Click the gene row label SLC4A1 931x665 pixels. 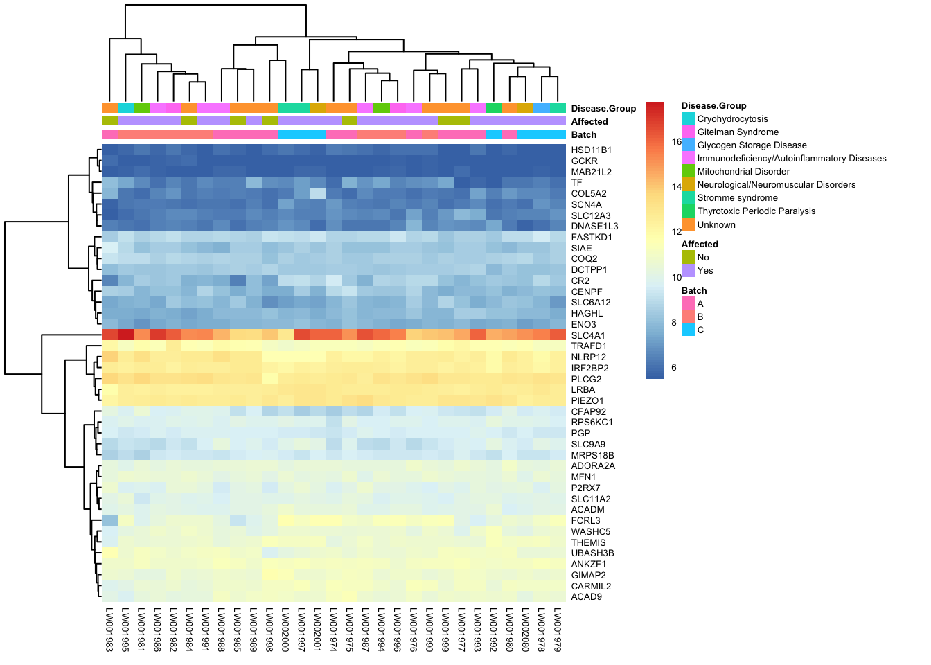click(588, 335)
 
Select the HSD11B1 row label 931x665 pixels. click(591, 150)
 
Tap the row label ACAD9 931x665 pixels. click(586, 597)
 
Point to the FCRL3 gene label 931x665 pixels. click(585, 521)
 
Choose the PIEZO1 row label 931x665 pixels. click(587, 401)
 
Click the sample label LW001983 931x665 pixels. click(109, 630)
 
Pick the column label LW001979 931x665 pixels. click(558, 630)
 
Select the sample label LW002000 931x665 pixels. click(285, 630)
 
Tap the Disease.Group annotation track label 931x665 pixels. click(603, 109)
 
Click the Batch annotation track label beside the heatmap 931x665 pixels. click(583, 135)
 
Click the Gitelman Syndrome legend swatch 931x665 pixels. click(688, 132)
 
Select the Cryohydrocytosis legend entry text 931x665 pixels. click(732, 119)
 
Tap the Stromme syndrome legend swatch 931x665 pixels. click(688, 198)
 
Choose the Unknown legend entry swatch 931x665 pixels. click(688, 224)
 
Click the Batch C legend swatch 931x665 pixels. click(688, 330)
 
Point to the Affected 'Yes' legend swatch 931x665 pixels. click(688, 271)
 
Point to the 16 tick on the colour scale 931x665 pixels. click(676, 142)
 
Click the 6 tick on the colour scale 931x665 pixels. click(673, 368)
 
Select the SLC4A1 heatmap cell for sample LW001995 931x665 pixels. click(125, 335)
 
